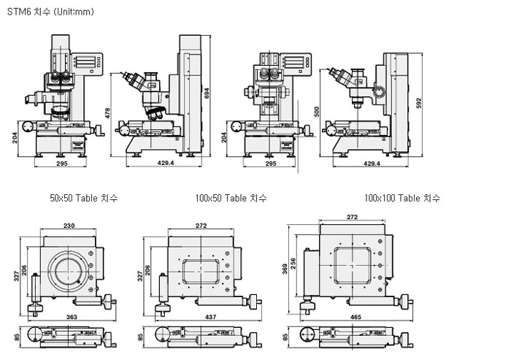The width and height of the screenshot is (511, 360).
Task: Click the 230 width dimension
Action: pyautogui.click(x=69, y=226)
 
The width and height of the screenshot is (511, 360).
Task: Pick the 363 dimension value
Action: pyautogui.click(x=71, y=318)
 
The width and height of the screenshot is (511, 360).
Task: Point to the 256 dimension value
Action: pyautogui.click(x=294, y=262)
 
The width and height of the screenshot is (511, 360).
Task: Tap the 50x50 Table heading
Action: pyautogui.click(x=83, y=198)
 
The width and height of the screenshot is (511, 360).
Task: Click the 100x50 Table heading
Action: pyautogui.click(x=231, y=198)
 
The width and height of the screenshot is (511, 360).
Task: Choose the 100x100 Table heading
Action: pyautogui.click(x=401, y=198)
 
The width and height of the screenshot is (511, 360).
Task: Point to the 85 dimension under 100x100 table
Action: pyautogui.click(x=285, y=337)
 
